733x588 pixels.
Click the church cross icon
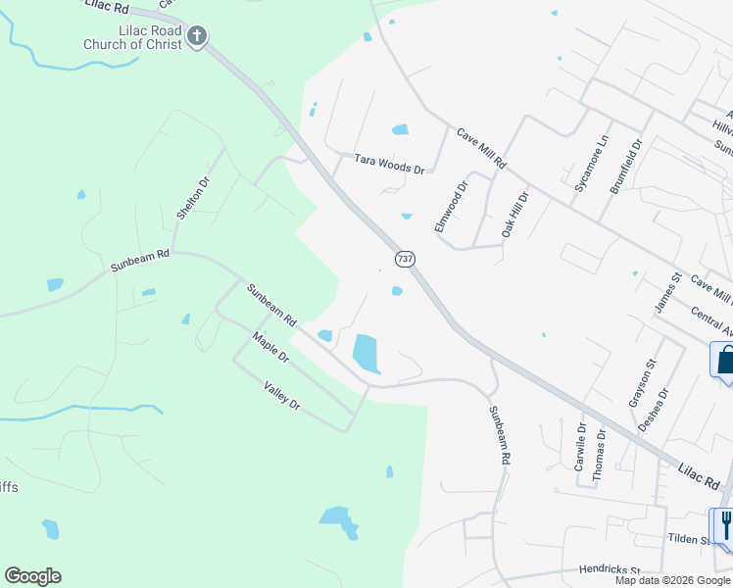pos(197,37)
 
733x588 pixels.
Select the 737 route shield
pos(404,259)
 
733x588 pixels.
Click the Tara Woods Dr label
pos(389,164)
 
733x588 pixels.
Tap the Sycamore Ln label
pos(592,164)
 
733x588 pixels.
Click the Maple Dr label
pos(270,347)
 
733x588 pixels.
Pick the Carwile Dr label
pos(581,447)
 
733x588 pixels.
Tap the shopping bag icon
pos(725,360)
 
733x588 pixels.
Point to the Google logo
pos(32,576)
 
